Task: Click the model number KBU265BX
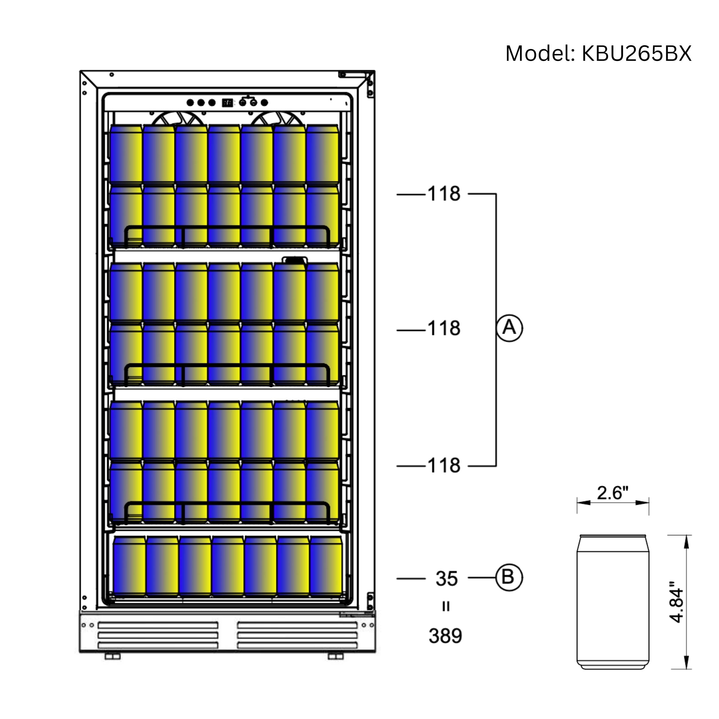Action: click(x=636, y=54)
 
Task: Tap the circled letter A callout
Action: click(x=509, y=328)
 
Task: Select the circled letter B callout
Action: click(x=509, y=578)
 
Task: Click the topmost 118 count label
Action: click(x=444, y=194)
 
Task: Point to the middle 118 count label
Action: click(x=444, y=329)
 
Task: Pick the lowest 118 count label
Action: click(x=444, y=466)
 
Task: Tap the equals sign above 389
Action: click(x=445, y=607)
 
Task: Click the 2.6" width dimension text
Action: click(x=612, y=493)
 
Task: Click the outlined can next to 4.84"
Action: click(x=613, y=602)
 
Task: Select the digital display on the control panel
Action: click(x=227, y=103)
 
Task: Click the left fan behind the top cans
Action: click(x=178, y=118)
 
